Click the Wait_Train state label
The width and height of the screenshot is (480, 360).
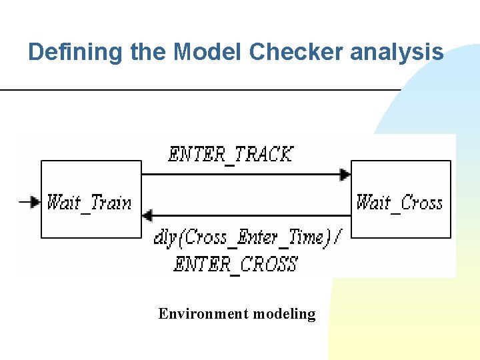[x=89, y=202]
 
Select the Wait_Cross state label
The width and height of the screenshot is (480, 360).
[x=399, y=202]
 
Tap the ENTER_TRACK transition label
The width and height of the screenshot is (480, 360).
[x=231, y=155]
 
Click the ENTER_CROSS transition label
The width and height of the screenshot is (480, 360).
[x=235, y=264]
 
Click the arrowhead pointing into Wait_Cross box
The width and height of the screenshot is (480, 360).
[x=345, y=175]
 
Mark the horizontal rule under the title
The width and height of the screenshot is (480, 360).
[x=200, y=89]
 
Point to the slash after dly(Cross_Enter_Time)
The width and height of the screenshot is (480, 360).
[x=335, y=237]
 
